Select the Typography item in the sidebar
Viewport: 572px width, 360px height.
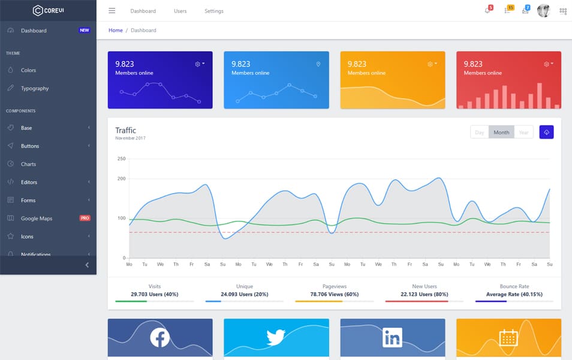(x=35, y=88)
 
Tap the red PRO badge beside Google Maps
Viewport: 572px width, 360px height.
(x=85, y=218)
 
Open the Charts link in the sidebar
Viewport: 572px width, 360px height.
(x=28, y=164)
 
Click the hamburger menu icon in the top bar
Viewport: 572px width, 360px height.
(x=112, y=11)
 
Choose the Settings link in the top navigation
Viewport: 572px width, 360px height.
(x=213, y=11)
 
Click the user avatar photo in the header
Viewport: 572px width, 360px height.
(x=543, y=11)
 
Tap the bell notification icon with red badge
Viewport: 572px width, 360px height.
(x=487, y=11)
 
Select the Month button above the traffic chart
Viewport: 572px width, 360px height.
(x=501, y=133)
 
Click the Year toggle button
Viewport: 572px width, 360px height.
(x=523, y=133)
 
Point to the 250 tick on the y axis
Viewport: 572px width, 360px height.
(x=121, y=159)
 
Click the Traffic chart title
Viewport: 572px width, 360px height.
(x=125, y=130)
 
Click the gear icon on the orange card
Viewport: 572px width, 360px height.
(x=430, y=64)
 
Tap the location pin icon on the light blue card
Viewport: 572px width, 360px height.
(x=318, y=64)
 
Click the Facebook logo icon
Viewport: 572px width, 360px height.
(x=160, y=337)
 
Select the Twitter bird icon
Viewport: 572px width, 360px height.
(x=276, y=337)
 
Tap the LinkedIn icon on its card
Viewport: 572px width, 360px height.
(x=392, y=337)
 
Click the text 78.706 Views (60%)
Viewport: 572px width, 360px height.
(x=334, y=294)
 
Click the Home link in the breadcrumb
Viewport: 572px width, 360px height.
(x=115, y=30)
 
